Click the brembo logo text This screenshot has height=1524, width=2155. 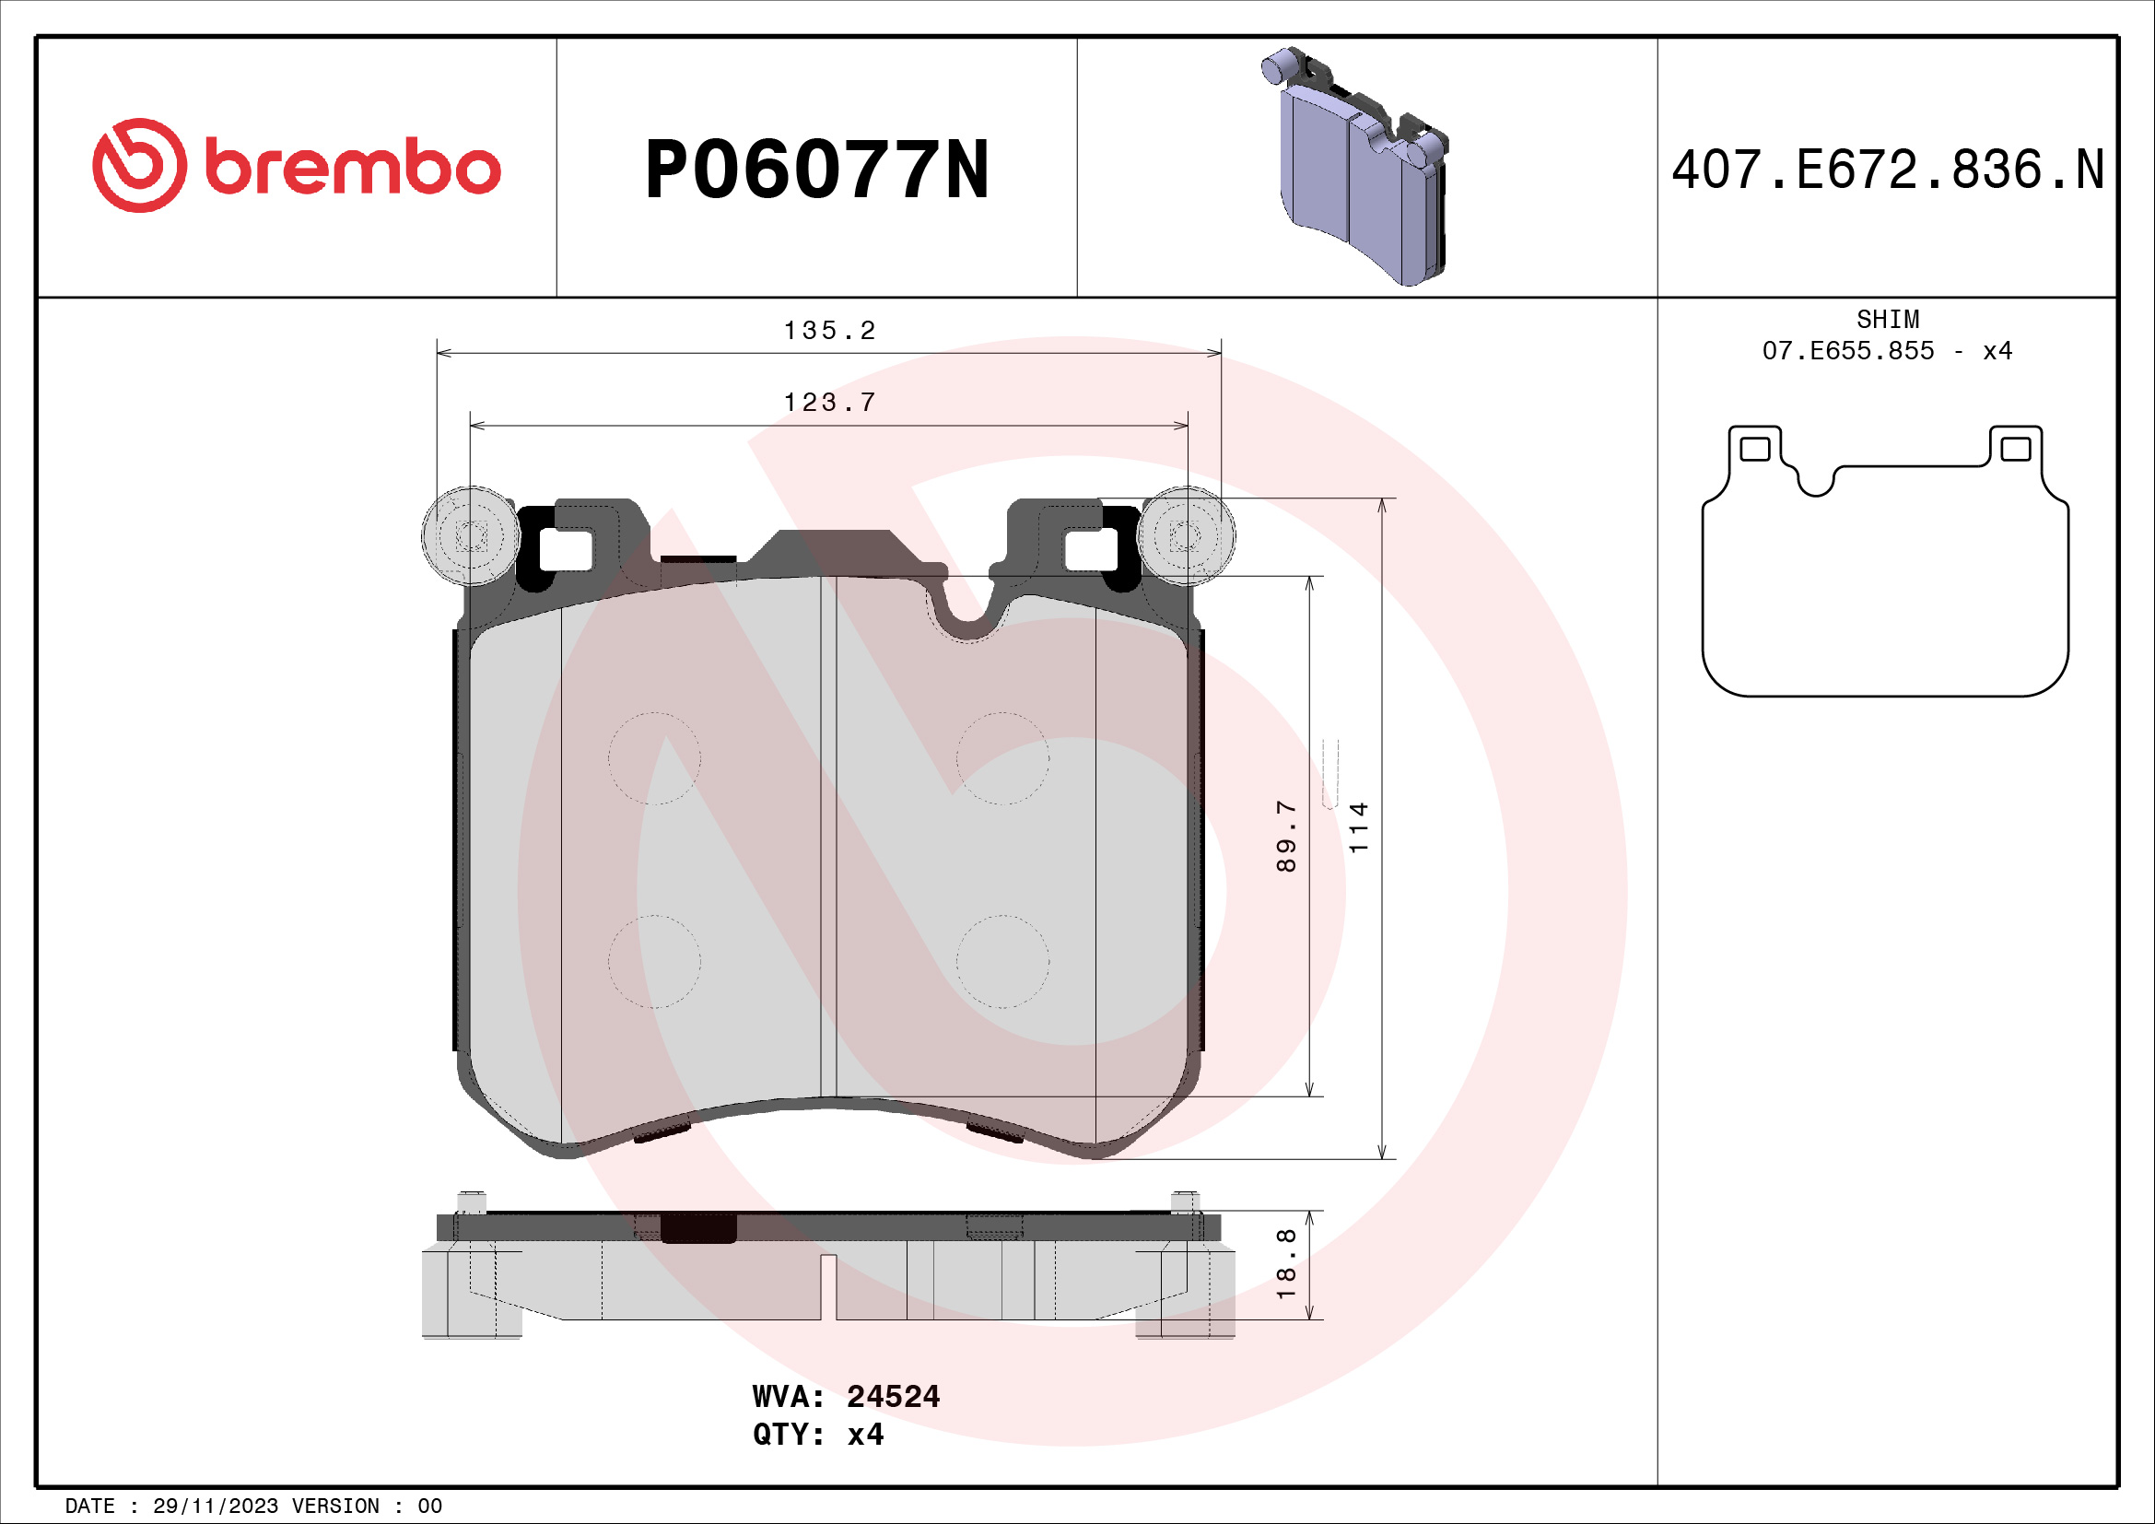tap(352, 168)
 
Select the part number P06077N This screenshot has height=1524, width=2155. tap(816, 170)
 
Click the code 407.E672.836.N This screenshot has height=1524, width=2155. tap(1888, 170)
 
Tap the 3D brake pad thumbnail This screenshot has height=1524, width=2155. tap(1357, 167)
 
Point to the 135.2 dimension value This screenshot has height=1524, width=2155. tap(830, 331)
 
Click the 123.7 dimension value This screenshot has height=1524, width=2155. tap(830, 403)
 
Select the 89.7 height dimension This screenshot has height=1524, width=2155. tap(1286, 836)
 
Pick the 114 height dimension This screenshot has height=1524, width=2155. tap(1358, 826)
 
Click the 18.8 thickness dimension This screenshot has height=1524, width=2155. tap(1286, 1263)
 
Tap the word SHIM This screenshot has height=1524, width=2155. tap(1888, 319)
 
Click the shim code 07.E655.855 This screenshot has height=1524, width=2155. tap(1847, 351)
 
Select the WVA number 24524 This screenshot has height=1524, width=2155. tap(893, 1396)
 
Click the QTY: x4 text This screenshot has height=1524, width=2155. tap(817, 1434)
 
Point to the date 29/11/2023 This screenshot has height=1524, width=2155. tap(215, 1506)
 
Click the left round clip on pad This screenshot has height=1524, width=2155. tap(470, 537)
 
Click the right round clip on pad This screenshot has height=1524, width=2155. tap(1186, 537)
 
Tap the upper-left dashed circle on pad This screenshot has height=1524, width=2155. tap(654, 758)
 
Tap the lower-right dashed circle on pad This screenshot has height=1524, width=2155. tap(1002, 962)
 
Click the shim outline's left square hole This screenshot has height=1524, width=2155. tap(1754, 449)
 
